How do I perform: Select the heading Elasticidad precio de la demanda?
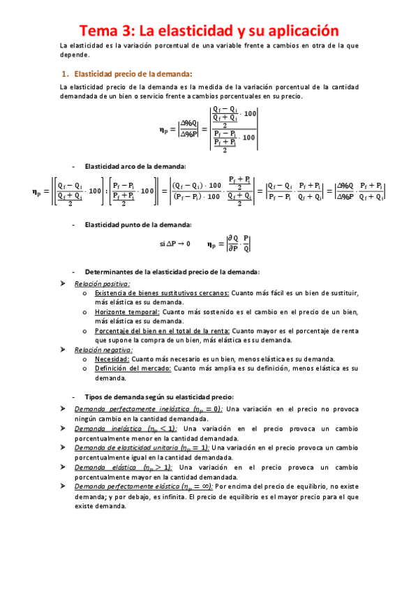(x=133, y=73)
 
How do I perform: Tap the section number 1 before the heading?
(x=64, y=73)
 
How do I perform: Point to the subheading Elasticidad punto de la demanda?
(x=137, y=224)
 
